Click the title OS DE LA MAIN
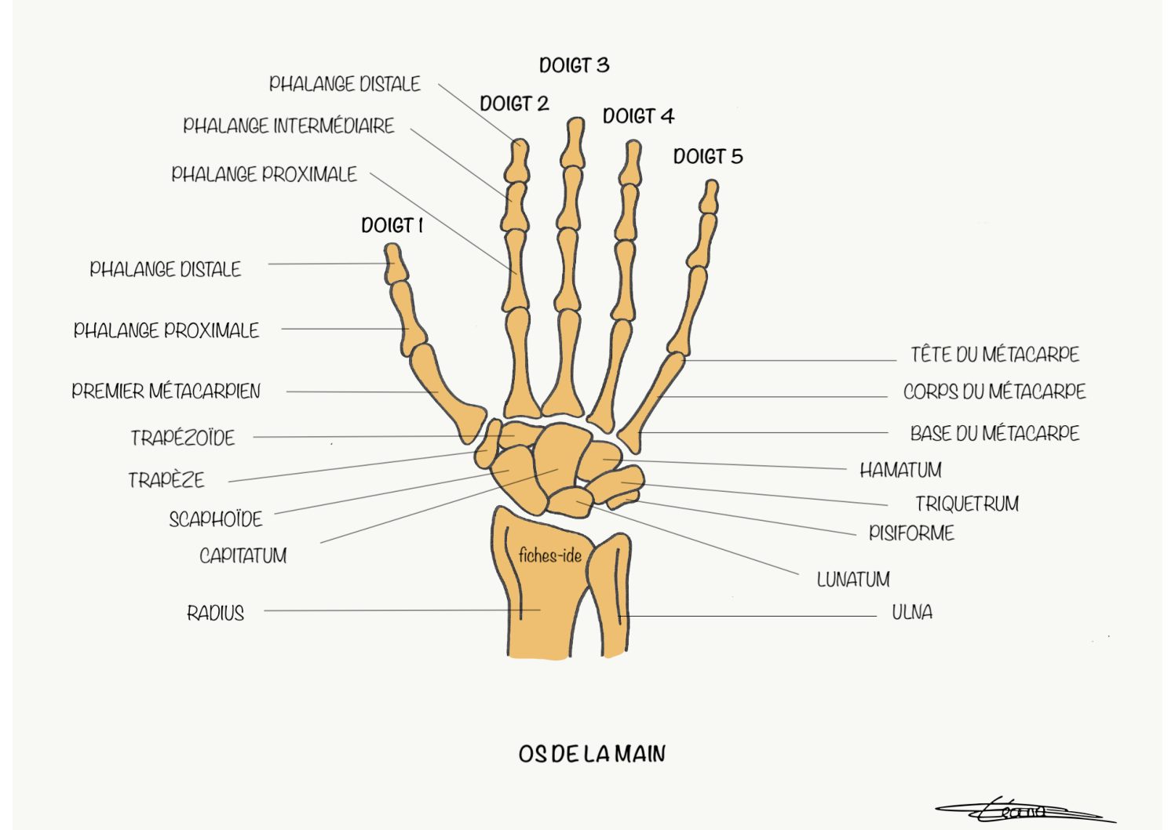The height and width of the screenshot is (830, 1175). tap(592, 754)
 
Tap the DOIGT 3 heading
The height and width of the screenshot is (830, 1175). tap(575, 66)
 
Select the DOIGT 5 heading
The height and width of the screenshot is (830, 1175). tap(708, 156)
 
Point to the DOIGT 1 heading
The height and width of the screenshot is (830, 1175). tap(392, 225)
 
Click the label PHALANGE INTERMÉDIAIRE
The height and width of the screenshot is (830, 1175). tap(289, 126)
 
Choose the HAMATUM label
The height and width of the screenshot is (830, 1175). tap(900, 470)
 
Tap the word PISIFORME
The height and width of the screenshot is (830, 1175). tap(912, 533)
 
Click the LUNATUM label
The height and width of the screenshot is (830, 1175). tap(853, 580)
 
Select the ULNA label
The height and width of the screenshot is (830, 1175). tap(912, 613)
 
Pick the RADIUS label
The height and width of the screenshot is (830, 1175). tap(216, 613)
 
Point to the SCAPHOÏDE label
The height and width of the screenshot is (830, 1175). tap(216, 519)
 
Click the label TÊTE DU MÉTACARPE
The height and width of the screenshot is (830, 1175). tap(995, 355)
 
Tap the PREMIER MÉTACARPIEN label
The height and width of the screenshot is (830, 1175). tap(166, 391)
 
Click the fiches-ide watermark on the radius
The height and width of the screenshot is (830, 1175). tap(550, 555)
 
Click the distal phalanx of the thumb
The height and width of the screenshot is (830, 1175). tap(396, 264)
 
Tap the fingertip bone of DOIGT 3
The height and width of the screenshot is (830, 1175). tap(573, 142)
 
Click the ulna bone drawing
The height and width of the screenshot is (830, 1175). tap(609, 595)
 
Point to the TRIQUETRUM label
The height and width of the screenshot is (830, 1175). tap(967, 504)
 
